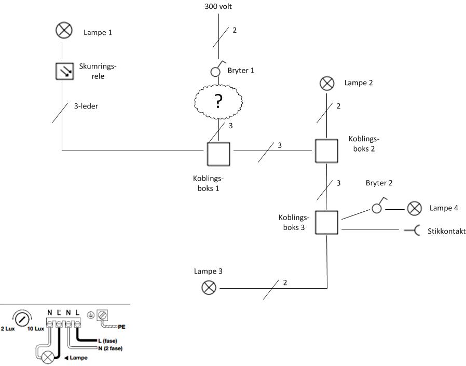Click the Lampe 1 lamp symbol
pyautogui.click(x=64, y=31)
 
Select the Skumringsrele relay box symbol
pyautogui.click(x=63, y=71)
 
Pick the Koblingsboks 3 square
pyautogui.click(x=326, y=223)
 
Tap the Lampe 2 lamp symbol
pyautogui.click(x=326, y=83)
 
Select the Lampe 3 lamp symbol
pyautogui.click(x=209, y=287)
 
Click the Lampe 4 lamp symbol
pyautogui.click(x=414, y=209)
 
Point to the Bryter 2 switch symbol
pyautogui.click(x=377, y=207)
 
